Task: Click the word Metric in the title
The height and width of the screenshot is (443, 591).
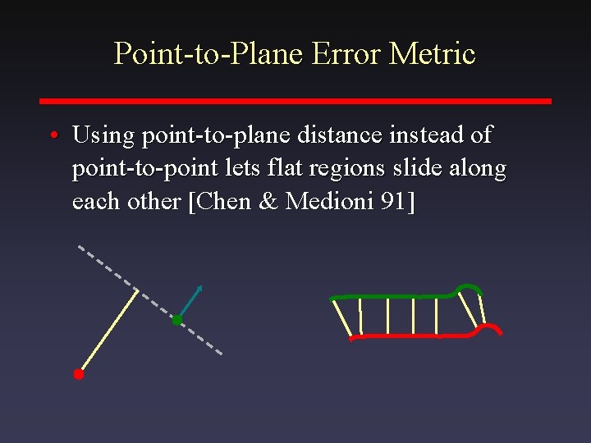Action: pyautogui.click(x=433, y=54)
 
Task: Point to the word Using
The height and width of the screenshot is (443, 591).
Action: pyautogui.click(x=104, y=135)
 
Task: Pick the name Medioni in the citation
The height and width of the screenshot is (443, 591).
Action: pyautogui.click(x=328, y=203)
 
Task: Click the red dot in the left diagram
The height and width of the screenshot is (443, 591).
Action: pyautogui.click(x=79, y=374)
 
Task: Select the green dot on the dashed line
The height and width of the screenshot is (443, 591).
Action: pyautogui.click(x=176, y=320)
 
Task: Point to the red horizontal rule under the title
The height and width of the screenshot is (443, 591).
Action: pyautogui.click(x=295, y=101)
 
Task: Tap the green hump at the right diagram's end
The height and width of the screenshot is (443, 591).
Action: pyautogui.click(x=470, y=286)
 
